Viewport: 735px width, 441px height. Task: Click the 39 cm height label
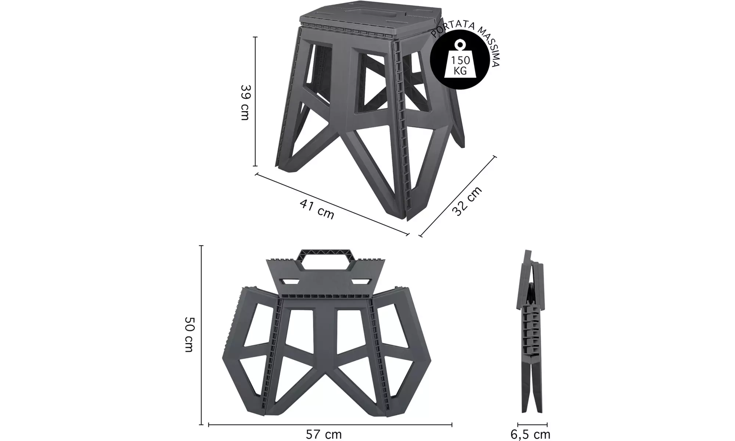click(x=245, y=102)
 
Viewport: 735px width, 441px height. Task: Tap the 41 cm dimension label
click(x=317, y=209)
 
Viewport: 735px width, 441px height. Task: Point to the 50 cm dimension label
click(x=189, y=334)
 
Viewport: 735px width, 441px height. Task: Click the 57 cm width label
click(x=324, y=434)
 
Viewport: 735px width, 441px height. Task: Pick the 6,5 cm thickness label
click(x=530, y=434)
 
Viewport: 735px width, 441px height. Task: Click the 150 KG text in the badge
click(x=460, y=65)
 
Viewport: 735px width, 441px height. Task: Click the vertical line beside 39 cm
click(x=255, y=101)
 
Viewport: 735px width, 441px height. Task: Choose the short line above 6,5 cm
click(x=532, y=425)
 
